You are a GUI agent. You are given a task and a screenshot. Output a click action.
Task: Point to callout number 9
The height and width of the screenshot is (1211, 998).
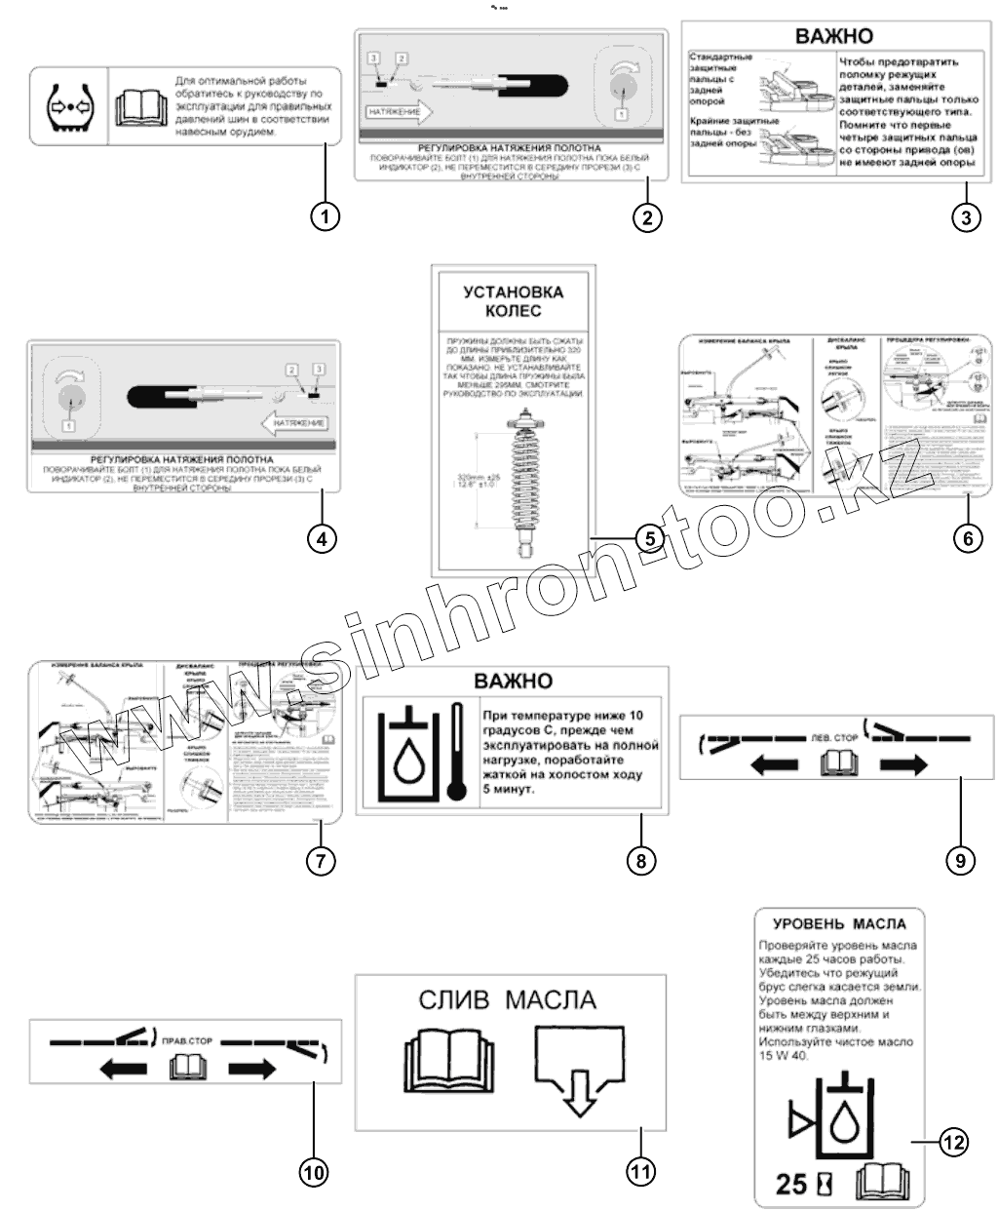pos(959,858)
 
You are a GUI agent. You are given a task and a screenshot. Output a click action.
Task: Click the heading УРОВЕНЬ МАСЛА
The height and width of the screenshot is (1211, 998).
pos(839,923)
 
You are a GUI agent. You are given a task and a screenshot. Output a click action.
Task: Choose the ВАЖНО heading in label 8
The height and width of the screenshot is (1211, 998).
pos(513,681)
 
